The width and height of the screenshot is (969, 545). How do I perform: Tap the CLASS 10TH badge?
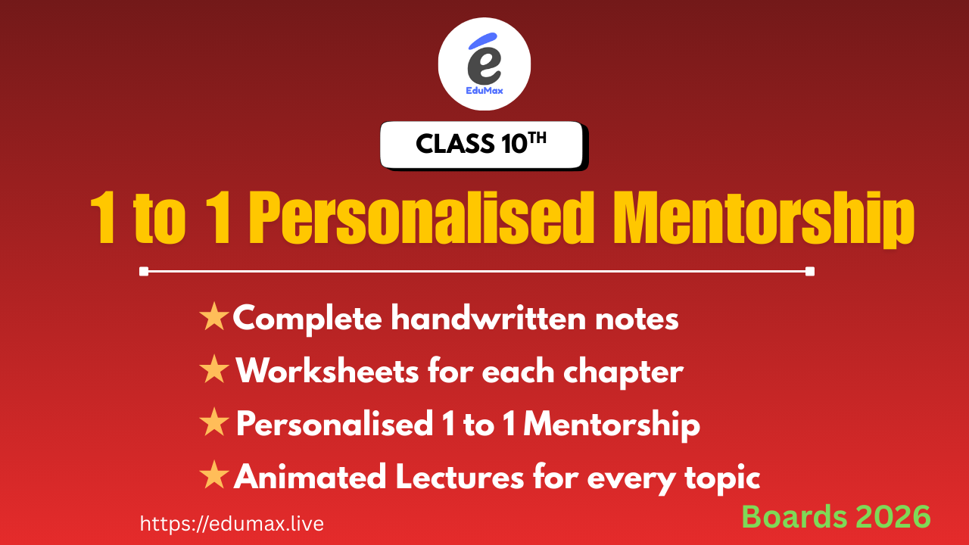pyautogui.click(x=481, y=144)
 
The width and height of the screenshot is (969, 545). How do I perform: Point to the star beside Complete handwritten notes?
pyautogui.click(x=214, y=318)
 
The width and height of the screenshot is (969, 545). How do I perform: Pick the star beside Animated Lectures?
pyautogui.click(x=214, y=476)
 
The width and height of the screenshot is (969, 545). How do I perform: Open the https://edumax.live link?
pyautogui.click(x=232, y=523)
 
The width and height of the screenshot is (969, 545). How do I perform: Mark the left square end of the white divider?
pyautogui.click(x=144, y=271)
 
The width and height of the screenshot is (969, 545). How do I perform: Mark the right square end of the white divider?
pyautogui.click(x=810, y=271)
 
